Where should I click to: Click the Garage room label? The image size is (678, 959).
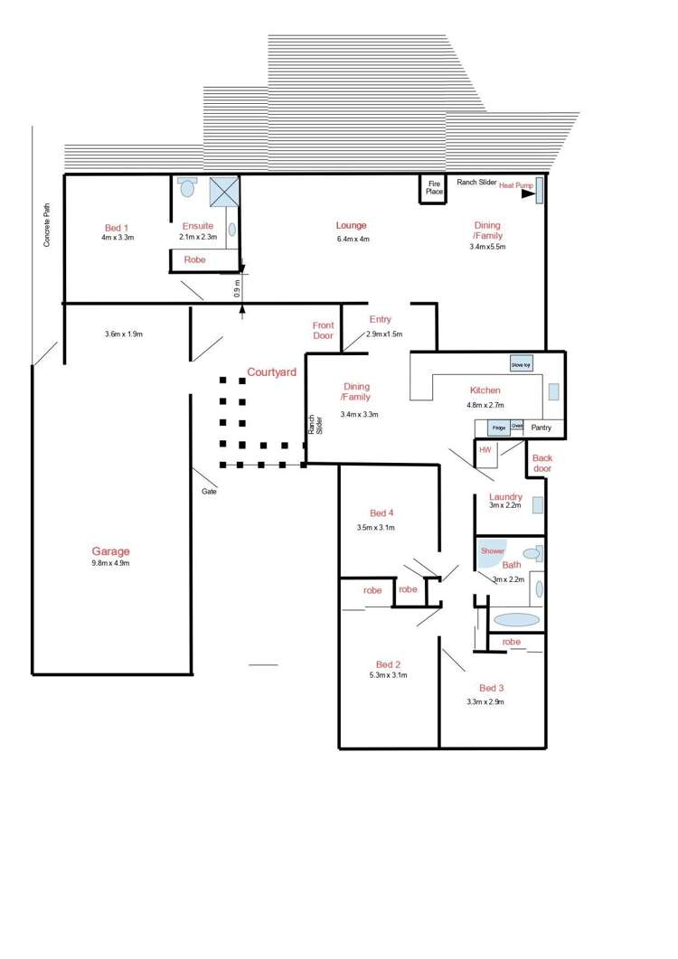click(110, 551)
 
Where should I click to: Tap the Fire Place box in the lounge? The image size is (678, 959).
click(434, 188)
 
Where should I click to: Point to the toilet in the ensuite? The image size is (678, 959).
click(188, 187)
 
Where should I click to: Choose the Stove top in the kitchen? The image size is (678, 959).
click(522, 363)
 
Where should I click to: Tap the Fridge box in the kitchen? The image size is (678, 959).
click(498, 427)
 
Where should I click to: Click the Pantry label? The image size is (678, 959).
click(542, 428)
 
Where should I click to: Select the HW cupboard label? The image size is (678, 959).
click(485, 449)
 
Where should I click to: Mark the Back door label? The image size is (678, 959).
click(542, 463)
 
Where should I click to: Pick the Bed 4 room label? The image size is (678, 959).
click(375, 513)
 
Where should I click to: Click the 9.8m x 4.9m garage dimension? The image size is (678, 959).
click(109, 563)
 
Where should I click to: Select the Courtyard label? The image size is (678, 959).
click(272, 372)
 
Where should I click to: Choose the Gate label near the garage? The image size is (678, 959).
click(209, 492)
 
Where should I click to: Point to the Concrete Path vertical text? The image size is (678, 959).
click(47, 224)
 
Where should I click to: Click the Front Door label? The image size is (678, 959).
click(323, 331)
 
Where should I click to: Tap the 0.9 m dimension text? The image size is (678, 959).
click(237, 288)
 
